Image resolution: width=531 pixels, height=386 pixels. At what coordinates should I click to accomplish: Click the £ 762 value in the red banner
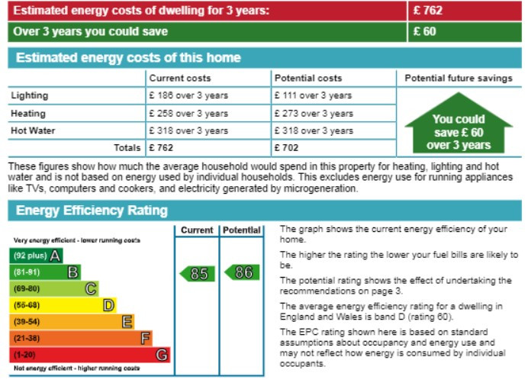428,11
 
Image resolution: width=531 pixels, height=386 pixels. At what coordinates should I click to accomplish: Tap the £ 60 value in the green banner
425,32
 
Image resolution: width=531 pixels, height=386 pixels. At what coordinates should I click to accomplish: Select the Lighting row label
29,95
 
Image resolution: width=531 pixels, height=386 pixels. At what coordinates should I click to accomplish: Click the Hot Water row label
33,130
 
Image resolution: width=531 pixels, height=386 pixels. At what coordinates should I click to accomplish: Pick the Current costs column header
180,79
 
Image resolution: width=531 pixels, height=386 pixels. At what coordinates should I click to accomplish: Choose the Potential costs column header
308,79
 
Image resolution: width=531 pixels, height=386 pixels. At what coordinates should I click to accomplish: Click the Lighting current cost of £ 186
188,96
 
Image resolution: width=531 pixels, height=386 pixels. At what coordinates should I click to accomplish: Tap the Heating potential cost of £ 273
314,114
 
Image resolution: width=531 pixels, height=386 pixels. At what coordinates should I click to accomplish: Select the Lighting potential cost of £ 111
314,96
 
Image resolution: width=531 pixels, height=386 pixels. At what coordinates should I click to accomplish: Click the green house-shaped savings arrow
458,126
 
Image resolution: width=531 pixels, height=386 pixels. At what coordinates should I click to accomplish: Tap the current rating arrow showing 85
197,273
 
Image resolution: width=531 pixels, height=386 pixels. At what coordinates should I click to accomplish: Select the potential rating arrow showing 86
242,272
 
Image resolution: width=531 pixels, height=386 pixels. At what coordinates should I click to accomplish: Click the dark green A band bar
35,256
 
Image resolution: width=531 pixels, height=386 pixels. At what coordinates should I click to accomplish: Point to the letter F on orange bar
145,338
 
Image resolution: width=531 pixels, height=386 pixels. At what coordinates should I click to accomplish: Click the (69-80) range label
27,288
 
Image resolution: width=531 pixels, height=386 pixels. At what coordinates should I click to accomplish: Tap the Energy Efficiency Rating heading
92,211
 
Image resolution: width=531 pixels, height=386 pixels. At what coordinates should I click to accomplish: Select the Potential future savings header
459,79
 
